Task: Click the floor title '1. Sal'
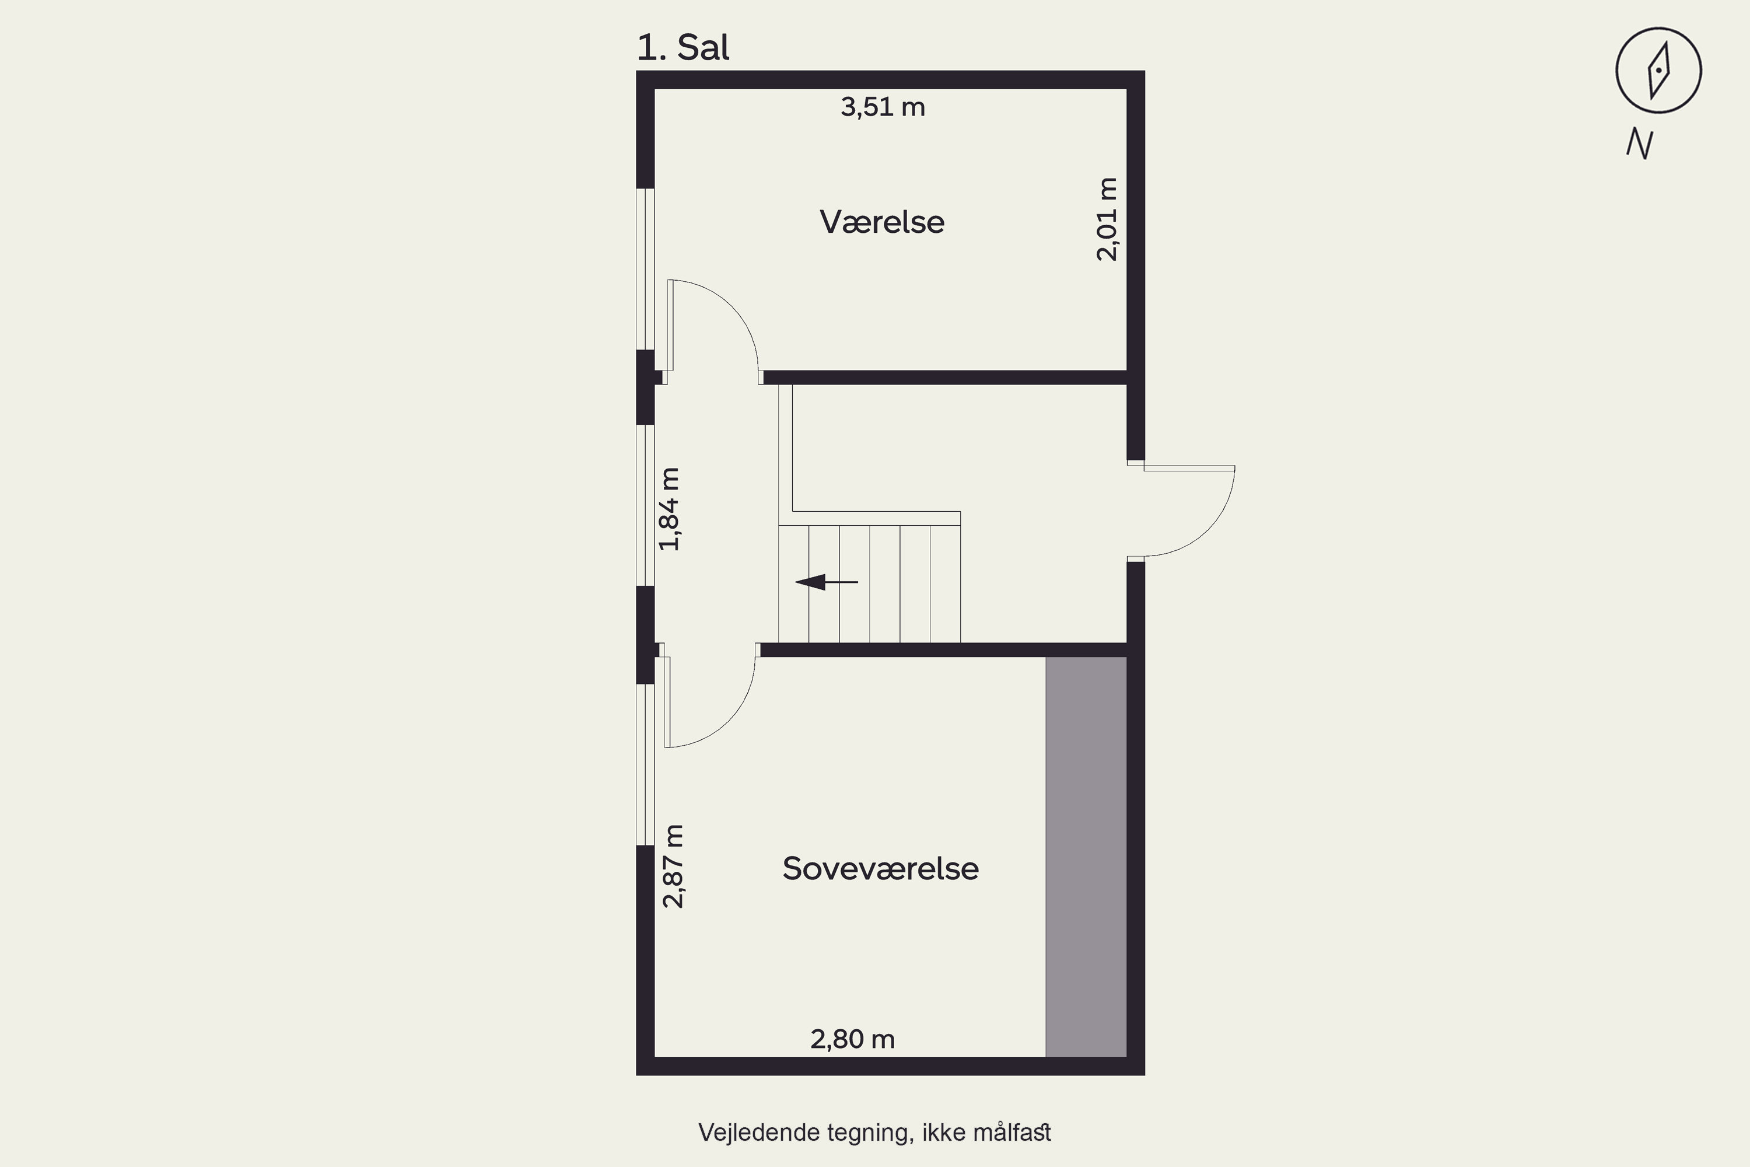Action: (x=683, y=48)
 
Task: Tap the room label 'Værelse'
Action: (x=881, y=222)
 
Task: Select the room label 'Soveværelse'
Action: (x=880, y=869)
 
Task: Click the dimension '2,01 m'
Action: (x=1107, y=219)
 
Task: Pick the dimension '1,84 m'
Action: (x=670, y=509)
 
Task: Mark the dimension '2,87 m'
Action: (x=673, y=866)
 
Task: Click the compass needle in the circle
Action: (x=1658, y=71)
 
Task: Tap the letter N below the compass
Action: (x=1640, y=144)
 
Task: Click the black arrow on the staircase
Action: (x=826, y=582)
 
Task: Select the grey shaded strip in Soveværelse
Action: (x=1086, y=857)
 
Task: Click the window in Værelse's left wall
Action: (x=645, y=268)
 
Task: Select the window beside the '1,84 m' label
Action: (x=645, y=505)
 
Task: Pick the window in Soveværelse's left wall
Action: (x=645, y=764)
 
